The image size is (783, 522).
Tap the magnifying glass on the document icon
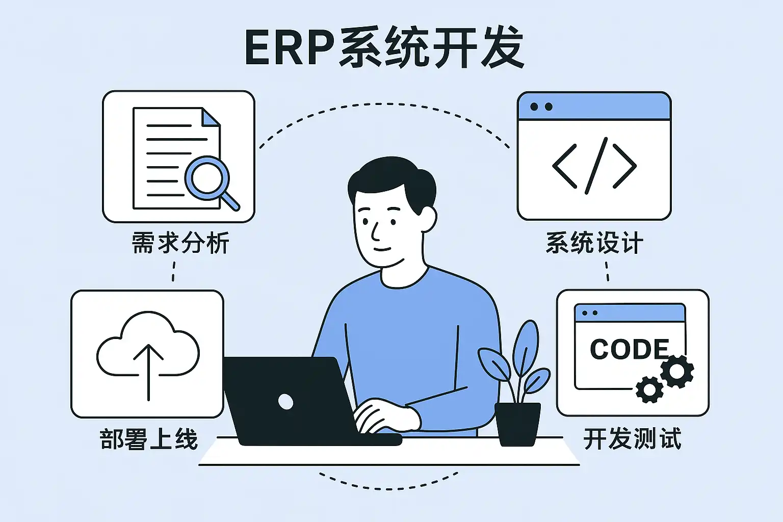click(206, 178)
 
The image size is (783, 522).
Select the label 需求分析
click(180, 243)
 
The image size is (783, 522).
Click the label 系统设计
click(594, 243)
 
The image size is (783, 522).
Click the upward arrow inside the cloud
click(148, 370)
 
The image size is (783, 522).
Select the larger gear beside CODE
click(677, 371)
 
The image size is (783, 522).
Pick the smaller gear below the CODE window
click(649, 390)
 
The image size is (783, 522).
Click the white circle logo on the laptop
click(286, 402)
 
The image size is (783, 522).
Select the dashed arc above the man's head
click(385, 107)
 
